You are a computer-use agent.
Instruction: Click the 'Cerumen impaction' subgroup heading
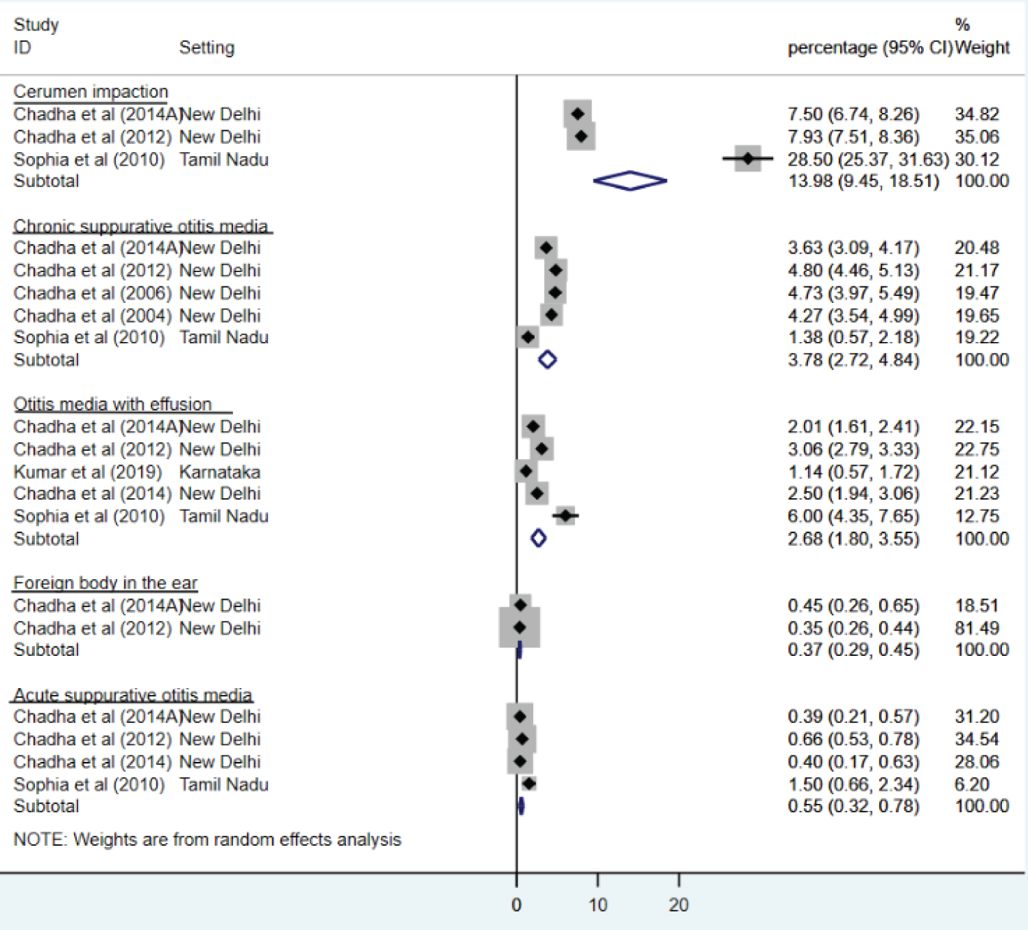[90, 92]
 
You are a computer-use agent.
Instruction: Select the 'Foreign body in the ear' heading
[106, 583]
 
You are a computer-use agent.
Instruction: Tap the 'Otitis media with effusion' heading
[113, 404]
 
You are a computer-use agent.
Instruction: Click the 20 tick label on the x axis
[678, 905]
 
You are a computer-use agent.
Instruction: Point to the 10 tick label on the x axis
[598, 905]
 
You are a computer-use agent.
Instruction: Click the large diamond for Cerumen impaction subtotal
[630, 181]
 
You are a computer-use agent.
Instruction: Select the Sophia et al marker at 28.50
[748, 159]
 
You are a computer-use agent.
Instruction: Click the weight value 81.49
[977, 628]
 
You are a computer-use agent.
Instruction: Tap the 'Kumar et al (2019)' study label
[88, 472]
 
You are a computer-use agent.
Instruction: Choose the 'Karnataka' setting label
[220, 472]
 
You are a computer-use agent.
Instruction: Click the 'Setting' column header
[207, 48]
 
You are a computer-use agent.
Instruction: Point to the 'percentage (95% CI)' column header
[870, 48]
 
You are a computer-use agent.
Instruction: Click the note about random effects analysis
[208, 840]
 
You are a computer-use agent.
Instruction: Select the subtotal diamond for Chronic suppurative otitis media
[547, 360]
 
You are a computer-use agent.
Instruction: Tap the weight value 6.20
[972, 785]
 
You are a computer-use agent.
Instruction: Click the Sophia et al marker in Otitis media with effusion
[565, 515]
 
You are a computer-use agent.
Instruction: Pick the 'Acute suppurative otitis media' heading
[133, 695]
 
